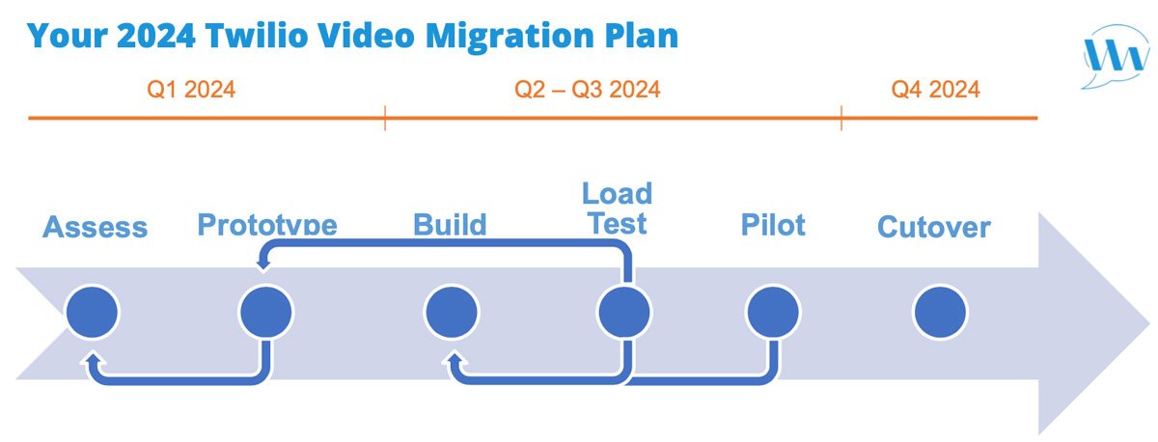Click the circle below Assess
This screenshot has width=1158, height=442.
click(x=92, y=312)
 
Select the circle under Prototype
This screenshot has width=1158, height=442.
click(x=265, y=312)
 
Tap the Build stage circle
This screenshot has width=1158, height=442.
click(x=452, y=312)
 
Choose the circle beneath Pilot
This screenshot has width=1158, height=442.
click(x=773, y=312)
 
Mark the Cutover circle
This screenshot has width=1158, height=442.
click(x=940, y=312)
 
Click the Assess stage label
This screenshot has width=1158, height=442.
click(x=96, y=228)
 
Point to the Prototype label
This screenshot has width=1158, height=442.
click(x=267, y=225)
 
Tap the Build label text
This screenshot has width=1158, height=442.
click(x=450, y=225)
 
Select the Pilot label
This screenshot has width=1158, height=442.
click(x=773, y=225)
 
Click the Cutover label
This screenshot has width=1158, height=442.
click(x=933, y=228)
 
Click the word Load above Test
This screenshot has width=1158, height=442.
click(x=617, y=193)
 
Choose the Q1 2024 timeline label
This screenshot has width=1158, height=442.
click(x=191, y=90)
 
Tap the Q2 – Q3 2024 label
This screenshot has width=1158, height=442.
click(x=587, y=90)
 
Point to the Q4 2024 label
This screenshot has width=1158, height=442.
click(x=935, y=90)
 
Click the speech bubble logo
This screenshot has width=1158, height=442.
click(x=1115, y=56)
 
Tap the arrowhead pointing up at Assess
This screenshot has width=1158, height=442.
click(x=94, y=360)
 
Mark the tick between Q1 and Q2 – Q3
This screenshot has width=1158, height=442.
click(x=385, y=119)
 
